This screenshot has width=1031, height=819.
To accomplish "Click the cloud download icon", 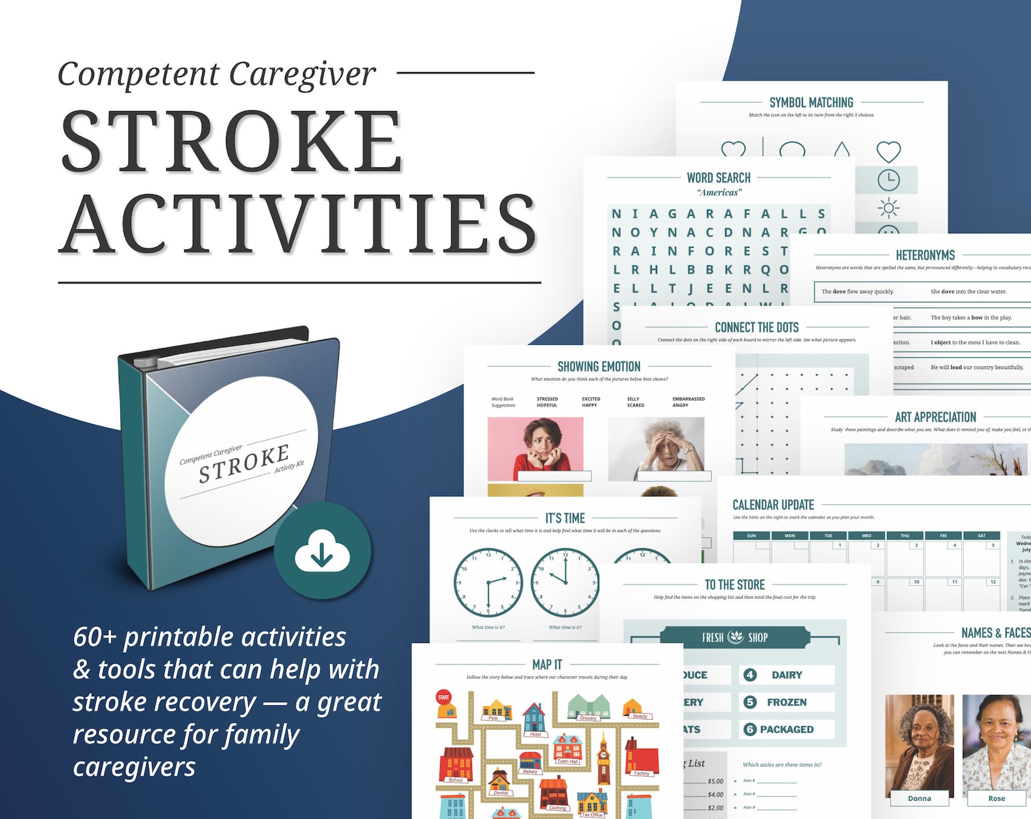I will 322,551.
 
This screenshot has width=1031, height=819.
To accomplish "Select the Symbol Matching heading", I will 811,103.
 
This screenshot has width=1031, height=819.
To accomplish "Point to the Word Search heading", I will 718,178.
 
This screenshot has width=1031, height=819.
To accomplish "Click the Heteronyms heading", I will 925,255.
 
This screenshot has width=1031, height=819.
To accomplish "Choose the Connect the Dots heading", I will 756,327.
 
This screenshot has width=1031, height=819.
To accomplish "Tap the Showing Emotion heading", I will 599,367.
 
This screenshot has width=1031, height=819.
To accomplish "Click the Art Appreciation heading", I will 935,418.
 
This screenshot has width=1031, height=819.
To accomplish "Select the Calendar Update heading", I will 773,505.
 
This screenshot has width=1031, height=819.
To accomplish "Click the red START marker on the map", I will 443,697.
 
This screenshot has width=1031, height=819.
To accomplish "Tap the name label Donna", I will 919,798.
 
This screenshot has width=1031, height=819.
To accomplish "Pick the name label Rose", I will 996,798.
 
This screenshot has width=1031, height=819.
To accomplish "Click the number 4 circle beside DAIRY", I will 750,675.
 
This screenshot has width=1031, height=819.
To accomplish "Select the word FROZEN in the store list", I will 786,702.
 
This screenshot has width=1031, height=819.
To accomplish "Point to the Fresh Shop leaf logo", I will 736,637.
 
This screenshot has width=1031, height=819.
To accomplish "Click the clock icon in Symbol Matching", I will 888,179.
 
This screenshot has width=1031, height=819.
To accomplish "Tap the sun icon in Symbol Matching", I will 888,208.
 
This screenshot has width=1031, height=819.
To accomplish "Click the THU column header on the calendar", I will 904,536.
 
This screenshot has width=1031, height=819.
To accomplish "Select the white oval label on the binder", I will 242,461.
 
